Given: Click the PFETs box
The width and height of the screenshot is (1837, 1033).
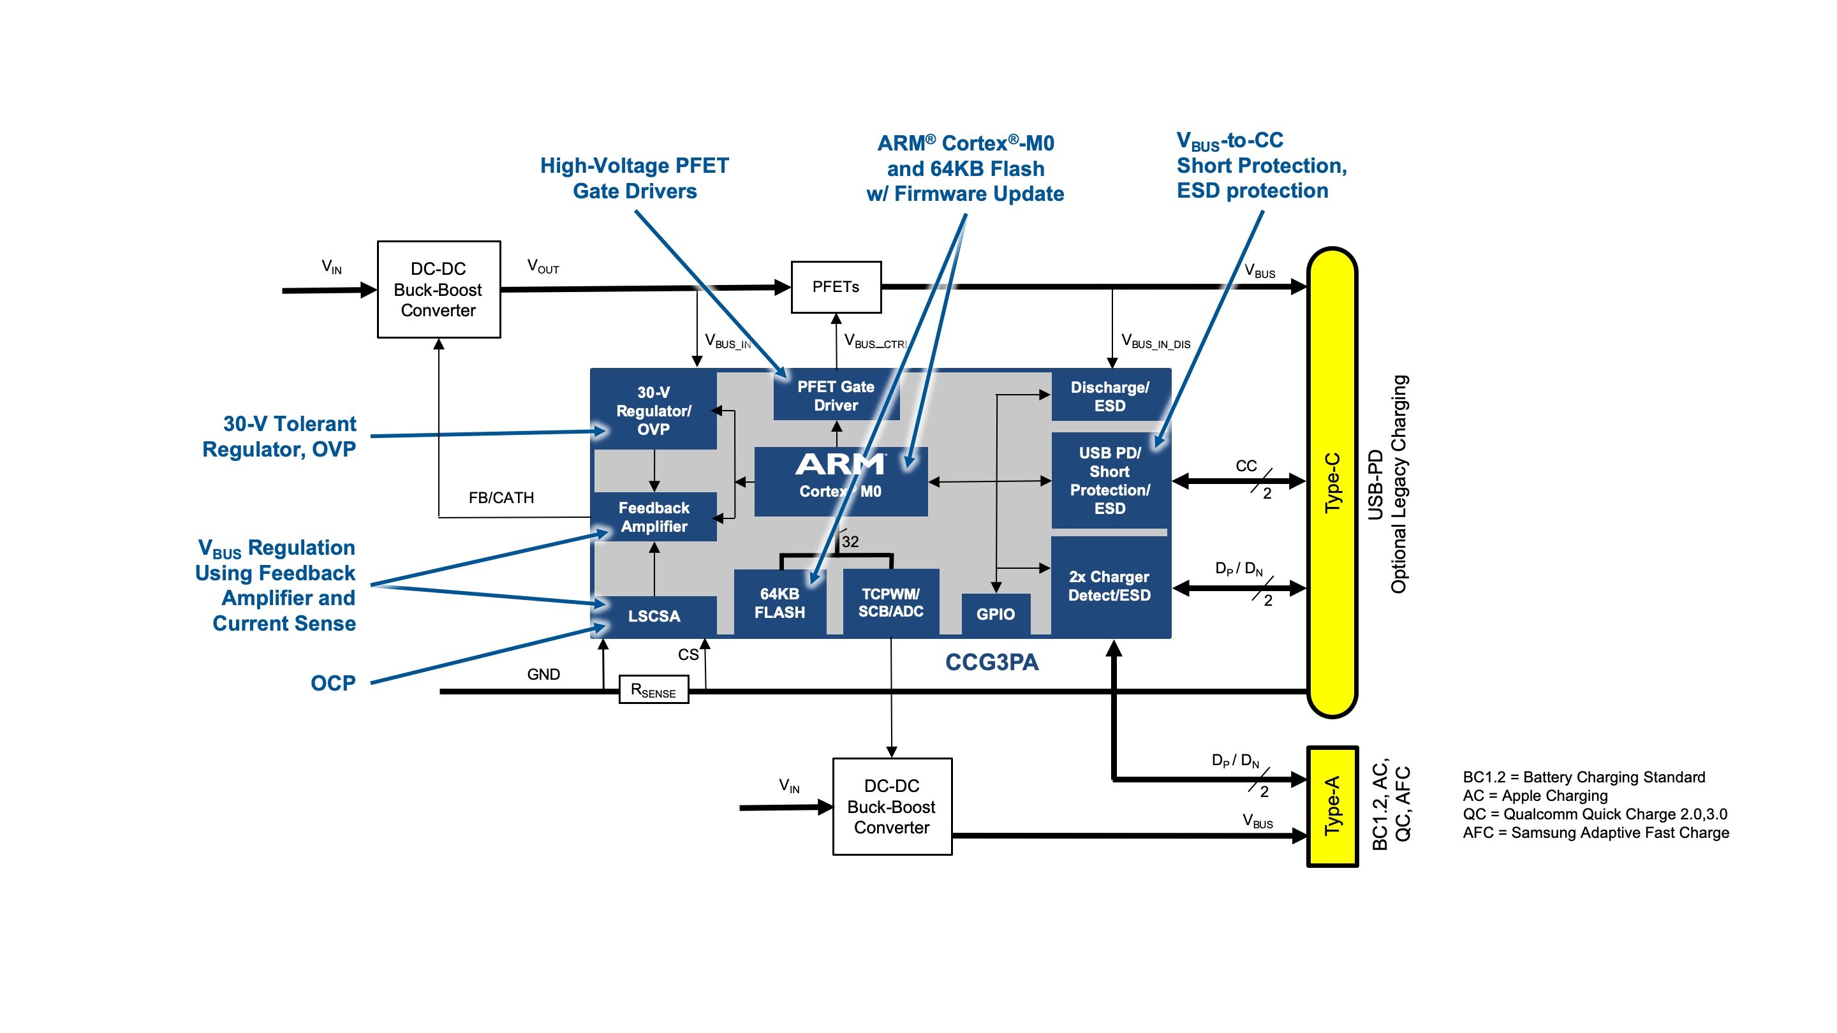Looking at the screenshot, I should click(836, 286).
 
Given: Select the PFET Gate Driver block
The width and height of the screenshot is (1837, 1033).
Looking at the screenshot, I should click(836, 395).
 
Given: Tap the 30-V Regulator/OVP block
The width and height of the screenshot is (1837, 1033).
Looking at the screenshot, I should click(653, 411).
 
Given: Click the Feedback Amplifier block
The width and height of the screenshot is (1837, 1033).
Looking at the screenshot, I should click(653, 517).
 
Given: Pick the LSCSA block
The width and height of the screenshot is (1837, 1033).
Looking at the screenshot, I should click(653, 616).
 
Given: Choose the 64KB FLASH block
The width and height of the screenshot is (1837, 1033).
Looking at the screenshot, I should click(779, 603).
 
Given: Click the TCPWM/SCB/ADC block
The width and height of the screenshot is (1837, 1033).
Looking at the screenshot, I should click(890, 603).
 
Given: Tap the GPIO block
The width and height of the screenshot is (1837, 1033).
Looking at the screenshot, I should click(995, 614).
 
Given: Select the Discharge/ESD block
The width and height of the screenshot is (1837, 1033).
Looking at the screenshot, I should click(1110, 397).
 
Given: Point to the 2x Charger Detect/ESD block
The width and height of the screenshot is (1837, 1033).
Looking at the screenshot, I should click(1110, 586).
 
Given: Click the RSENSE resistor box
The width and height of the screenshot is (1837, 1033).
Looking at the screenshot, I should click(653, 690).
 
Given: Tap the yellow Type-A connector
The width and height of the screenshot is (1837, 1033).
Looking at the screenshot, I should click(1331, 806).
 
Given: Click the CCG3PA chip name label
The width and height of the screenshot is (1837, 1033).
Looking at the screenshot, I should click(991, 663).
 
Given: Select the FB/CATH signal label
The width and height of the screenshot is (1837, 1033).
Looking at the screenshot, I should click(501, 497).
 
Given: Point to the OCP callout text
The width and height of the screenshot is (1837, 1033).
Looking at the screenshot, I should click(332, 683).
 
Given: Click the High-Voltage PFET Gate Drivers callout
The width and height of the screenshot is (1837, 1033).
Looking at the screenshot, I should click(634, 179).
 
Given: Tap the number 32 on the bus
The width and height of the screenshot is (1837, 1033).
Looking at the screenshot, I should click(850, 542).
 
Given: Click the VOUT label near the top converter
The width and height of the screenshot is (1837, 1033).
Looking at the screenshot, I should click(543, 267).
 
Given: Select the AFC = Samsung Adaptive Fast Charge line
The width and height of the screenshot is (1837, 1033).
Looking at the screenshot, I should click(1595, 833).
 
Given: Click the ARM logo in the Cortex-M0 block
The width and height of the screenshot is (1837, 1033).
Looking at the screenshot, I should click(840, 465).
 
